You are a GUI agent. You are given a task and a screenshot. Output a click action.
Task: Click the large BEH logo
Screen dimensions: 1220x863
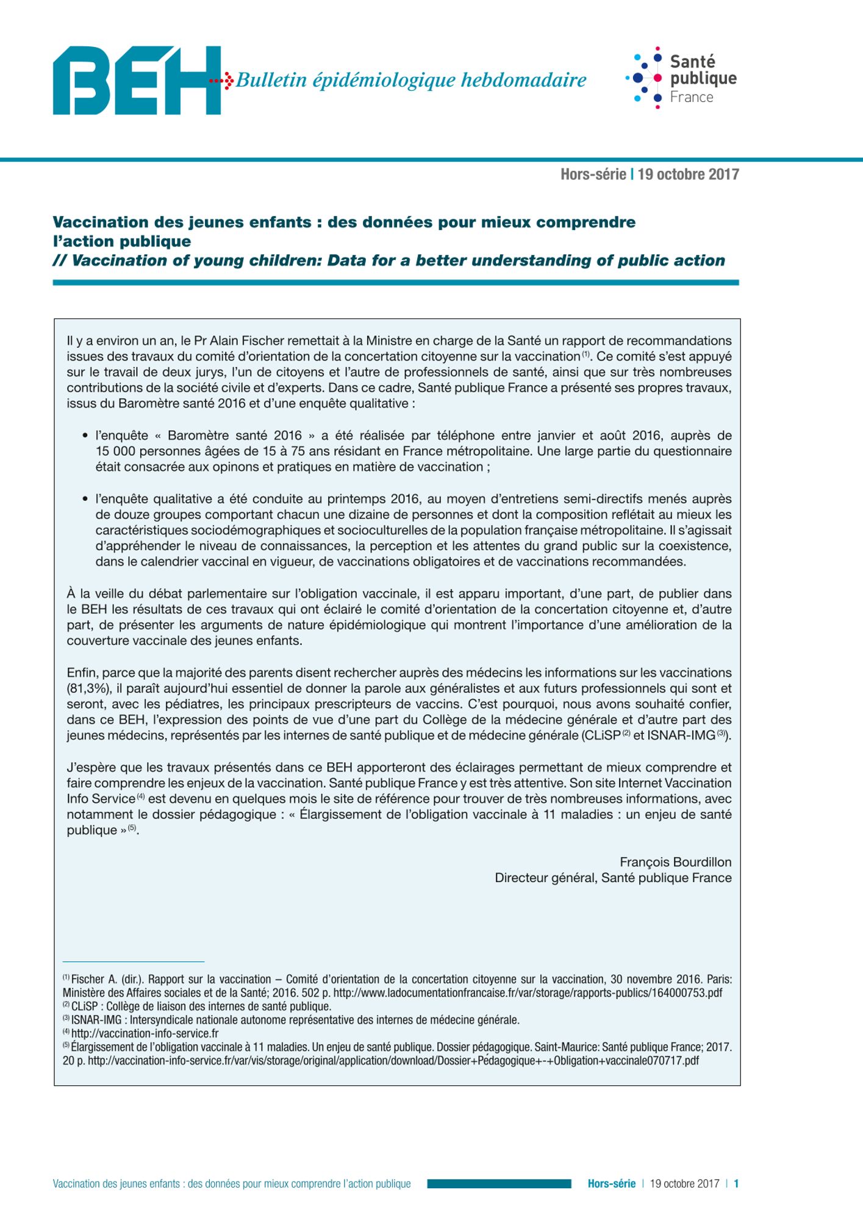(x=137, y=80)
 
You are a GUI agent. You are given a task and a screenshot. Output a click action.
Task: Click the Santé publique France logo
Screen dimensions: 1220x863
(x=681, y=78)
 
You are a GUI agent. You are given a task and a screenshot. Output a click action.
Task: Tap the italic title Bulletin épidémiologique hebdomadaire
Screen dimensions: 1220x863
(x=410, y=80)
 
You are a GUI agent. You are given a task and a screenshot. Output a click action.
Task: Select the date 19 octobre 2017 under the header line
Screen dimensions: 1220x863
(x=688, y=174)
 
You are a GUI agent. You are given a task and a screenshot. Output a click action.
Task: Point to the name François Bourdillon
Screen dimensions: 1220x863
(x=675, y=862)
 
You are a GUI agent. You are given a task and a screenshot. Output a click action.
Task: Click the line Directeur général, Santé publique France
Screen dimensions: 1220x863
(x=613, y=878)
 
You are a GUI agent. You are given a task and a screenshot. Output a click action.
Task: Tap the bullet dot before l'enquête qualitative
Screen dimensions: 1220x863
(x=85, y=499)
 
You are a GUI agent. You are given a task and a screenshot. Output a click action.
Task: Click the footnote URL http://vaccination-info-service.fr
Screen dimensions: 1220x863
(x=145, y=1033)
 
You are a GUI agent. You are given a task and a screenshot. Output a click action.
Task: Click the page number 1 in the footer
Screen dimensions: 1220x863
(x=736, y=1184)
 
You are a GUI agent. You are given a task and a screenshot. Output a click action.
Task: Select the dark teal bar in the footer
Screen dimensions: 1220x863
(x=499, y=1184)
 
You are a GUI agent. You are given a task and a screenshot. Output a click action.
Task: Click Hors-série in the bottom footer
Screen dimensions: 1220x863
(x=611, y=1184)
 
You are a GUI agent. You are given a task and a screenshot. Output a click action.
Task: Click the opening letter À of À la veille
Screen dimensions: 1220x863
(x=71, y=593)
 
